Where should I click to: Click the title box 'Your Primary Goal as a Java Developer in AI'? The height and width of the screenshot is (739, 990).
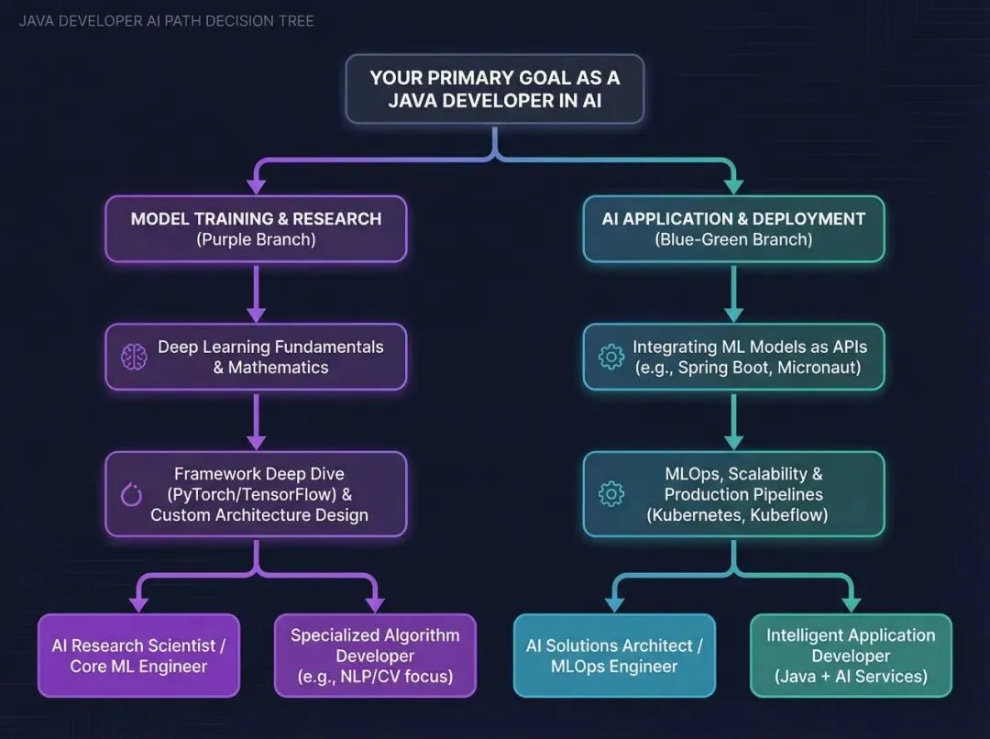(494, 89)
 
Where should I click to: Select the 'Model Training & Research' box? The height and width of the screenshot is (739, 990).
(256, 228)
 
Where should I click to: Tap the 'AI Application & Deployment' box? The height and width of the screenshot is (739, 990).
(733, 228)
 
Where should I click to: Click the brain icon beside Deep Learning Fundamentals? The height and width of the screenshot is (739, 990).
(134, 358)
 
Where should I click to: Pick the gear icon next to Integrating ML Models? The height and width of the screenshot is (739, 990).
(611, 358)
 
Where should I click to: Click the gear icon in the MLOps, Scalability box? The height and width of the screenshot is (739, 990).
(611, 494)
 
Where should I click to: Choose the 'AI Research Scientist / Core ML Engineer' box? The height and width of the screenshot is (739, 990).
(138, 656)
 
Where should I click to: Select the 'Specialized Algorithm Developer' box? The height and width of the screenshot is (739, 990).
(375, 656)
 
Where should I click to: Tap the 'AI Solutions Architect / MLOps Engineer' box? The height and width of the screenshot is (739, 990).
(614, 656)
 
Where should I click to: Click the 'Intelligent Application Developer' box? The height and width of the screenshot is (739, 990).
(851, 656)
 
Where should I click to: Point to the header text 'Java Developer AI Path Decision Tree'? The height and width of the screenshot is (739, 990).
(166, 20)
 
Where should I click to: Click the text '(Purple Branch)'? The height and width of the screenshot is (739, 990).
(256, 240)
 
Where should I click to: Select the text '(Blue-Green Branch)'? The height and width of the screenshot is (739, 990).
(733, 240)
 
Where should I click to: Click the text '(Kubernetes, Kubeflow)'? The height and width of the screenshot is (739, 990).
(737, 514)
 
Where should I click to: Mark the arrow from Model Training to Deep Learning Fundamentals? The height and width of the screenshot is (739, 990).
(256, 292)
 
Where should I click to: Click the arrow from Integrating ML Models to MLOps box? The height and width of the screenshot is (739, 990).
(733, 421)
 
